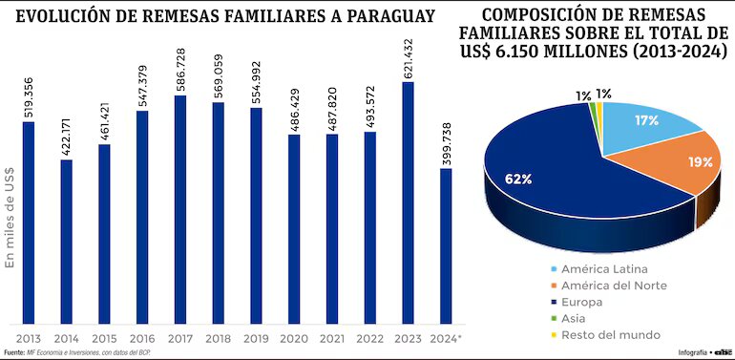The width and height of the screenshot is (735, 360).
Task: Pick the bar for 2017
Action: click(180, 209)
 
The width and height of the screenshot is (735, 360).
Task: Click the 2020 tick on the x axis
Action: click(294, 338)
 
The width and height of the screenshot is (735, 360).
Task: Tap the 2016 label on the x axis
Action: click(142, 338)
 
